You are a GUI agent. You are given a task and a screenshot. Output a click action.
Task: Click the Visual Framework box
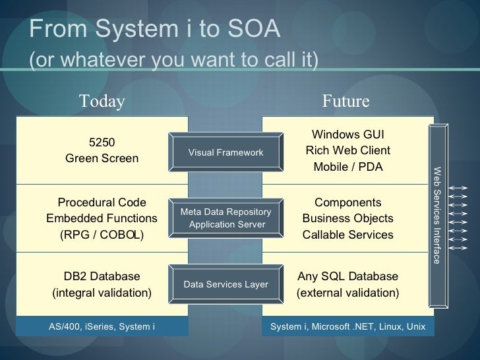(x=225, y=152)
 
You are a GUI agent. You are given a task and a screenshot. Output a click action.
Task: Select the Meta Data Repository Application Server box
(x=225, y=218)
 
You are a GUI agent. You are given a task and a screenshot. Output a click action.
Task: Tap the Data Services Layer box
(x=225, y=284)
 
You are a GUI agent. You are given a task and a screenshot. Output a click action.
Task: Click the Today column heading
(x=102, y=101)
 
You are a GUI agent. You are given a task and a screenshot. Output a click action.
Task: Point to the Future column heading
(x=345, y=101)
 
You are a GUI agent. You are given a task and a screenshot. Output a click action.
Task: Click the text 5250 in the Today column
(x=102, y=142)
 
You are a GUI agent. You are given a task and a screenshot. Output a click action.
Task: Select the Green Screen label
(x=102, y=158)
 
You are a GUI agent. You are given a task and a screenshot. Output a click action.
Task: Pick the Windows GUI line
(x=347, y=134)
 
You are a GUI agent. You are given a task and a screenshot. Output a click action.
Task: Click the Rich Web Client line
(x=347, y=150)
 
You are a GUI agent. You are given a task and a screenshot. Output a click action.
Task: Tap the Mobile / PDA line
(x=347, y=167)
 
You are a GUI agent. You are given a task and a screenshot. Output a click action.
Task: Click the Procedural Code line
(x=102, y=202)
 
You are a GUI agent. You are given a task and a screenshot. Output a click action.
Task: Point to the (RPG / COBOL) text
(x=102, y=235)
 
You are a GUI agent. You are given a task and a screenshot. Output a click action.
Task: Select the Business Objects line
(x=347, y=218)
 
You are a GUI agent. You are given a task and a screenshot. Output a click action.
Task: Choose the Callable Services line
(x=347, y=235)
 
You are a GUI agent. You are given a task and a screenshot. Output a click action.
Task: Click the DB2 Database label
(x=102, y=276)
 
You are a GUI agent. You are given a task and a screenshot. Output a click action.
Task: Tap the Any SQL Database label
(x=347, y=276)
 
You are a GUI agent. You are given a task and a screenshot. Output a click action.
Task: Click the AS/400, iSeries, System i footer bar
(x=102, y=326)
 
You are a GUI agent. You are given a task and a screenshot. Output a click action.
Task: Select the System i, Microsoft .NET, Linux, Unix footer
(x=347, y=326)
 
